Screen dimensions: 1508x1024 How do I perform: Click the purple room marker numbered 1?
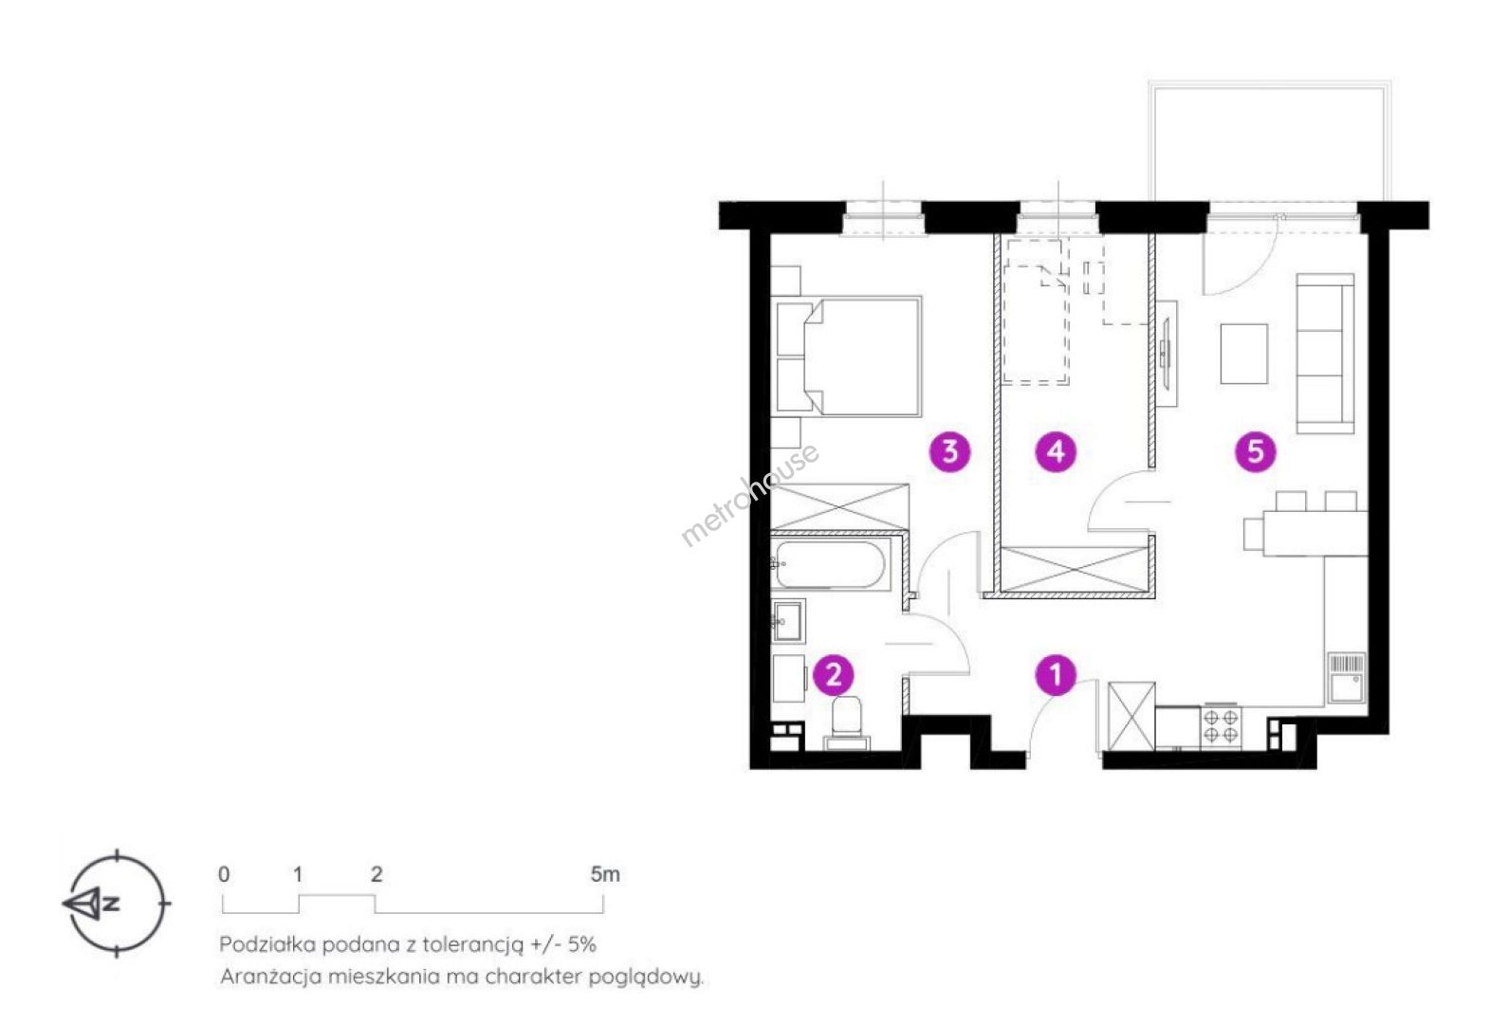point(1056,674)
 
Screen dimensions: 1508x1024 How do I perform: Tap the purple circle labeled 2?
point(834,675)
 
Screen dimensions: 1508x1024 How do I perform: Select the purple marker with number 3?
point(950,451)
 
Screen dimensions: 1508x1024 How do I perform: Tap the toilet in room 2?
point(847,724)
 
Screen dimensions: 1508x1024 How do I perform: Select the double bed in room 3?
point(847,356)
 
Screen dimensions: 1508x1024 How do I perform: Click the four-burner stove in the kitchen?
point(1221,726)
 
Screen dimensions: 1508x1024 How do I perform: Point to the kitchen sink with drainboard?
point(1346,678)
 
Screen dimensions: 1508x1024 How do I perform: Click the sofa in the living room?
point(1325,354)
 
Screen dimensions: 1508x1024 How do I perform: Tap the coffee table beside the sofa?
point(1243,354)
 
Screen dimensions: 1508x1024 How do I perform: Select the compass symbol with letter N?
point(116,903)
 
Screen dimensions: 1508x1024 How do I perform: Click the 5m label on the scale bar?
point(604,874)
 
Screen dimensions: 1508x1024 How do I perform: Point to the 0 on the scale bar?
point(224,874)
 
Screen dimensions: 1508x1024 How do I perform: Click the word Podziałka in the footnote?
point(267,944)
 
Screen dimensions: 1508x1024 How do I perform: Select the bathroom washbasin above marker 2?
point(787,620)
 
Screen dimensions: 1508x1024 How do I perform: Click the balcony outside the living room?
point(1269,140)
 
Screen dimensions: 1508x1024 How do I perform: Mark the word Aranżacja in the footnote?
point(270,977)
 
